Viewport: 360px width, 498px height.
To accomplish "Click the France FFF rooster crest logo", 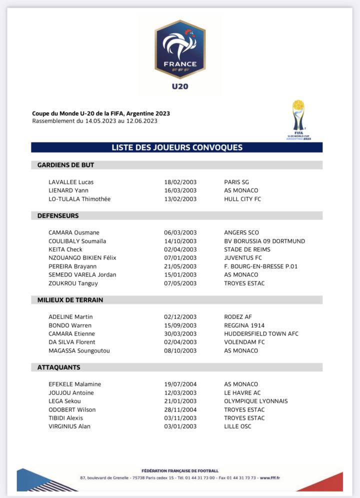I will (180, 49).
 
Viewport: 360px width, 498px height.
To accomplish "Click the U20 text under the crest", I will (180, 86).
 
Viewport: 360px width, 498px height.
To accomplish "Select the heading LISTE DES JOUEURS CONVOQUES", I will (177, 147).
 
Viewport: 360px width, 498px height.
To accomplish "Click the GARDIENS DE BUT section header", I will (65, 165).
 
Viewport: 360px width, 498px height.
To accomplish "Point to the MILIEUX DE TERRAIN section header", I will (70, 300).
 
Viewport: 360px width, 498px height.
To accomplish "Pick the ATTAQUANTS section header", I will (58, 367).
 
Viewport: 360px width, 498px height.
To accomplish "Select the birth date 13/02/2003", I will (180, 199).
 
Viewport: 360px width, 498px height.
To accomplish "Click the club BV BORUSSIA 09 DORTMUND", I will (264, 241).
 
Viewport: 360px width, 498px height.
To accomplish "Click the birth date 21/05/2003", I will (180, 266).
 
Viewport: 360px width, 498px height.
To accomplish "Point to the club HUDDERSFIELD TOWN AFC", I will (261, 333).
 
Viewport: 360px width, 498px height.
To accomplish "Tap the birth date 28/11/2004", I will (180, 409).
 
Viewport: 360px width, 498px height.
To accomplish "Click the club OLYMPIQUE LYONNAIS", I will (256, 401).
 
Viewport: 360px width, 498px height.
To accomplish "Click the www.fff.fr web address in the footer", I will (270, 478).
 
